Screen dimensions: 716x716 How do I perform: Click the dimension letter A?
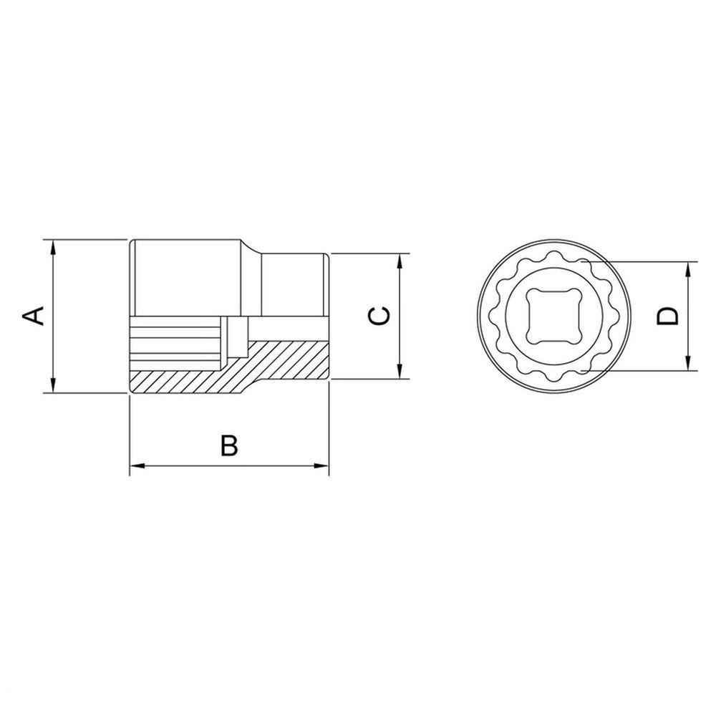34,315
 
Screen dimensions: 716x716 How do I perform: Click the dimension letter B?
228,445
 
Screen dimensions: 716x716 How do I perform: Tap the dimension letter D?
667,316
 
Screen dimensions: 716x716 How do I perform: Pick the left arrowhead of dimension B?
135,467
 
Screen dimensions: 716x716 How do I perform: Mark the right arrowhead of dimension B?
323,467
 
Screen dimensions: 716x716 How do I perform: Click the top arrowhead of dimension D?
689,267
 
